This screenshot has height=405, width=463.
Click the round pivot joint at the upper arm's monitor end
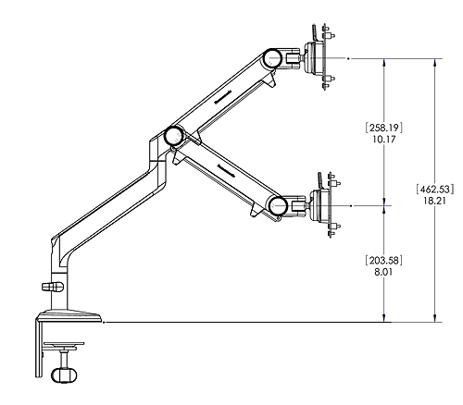tap(273, 57)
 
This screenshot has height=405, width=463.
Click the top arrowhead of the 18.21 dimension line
tap(432, 62)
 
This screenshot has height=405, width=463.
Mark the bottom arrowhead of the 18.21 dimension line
tap(432, 318)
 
